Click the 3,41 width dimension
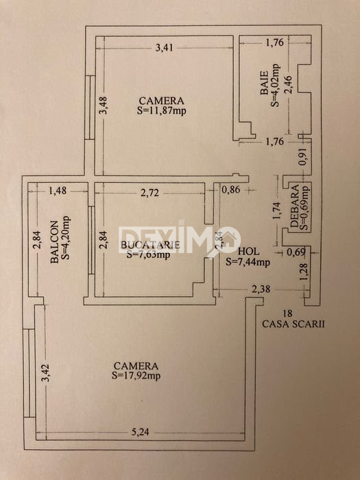[165, 48]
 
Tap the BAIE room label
[265, 83]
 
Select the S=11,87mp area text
[161, 110]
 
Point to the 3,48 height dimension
[104, 106]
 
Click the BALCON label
[54, 242]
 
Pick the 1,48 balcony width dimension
[58, 191]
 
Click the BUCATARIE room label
[149, 245]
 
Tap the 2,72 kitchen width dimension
[149, 193]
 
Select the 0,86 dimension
[231, 190]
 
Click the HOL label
[248, 252]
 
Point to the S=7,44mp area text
[248, 262]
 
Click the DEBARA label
[294, 206]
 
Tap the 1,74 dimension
[276, 211]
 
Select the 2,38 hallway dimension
[261, 289]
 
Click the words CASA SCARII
[293, 324]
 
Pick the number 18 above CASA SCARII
[287, 313]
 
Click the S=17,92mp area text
[136, 375]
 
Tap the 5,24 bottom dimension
[141, 432]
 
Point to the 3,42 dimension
[45, 372]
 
